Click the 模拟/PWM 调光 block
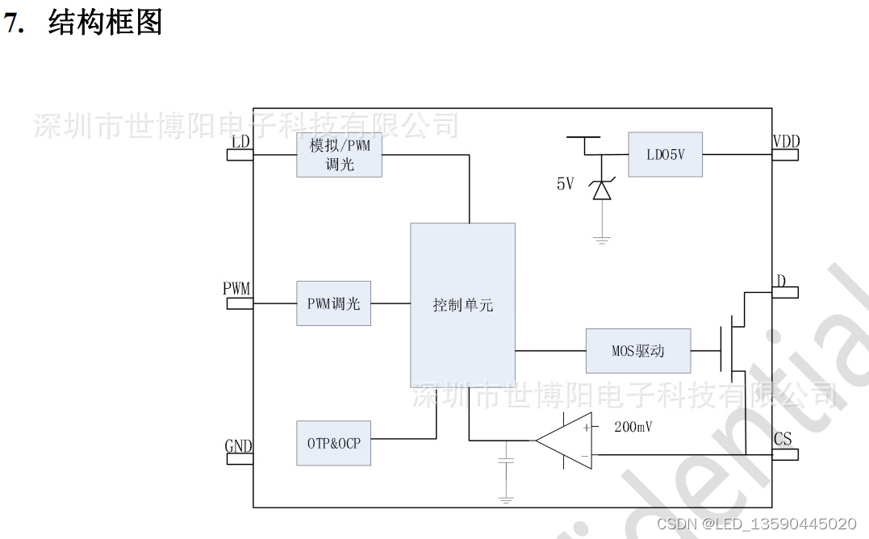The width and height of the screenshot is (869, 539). coord(339,155)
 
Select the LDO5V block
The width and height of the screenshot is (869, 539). coord(665,154)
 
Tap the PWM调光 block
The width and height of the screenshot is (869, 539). coord(333,303)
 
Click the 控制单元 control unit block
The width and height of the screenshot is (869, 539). coord(462,305)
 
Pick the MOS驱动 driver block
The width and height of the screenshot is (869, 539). coord(637,351)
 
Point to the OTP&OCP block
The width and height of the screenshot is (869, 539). coord(333,443)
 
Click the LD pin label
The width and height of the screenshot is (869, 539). coord(240,142)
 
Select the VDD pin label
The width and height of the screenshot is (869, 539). coord(785,142)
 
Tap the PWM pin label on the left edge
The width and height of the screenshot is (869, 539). coord(236,289)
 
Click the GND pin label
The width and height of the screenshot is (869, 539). coord(238,446)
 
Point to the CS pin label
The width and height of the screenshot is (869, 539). coord(783,439)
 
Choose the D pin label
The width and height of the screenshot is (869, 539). coord(781,281)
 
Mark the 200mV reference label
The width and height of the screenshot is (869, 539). coord(633,427)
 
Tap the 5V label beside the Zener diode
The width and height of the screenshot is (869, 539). coord(565,184)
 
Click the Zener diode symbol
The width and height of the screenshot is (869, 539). coord(600,190)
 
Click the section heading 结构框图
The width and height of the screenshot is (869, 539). coord(105,23)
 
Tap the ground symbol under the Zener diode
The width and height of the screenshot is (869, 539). coord(600,239)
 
